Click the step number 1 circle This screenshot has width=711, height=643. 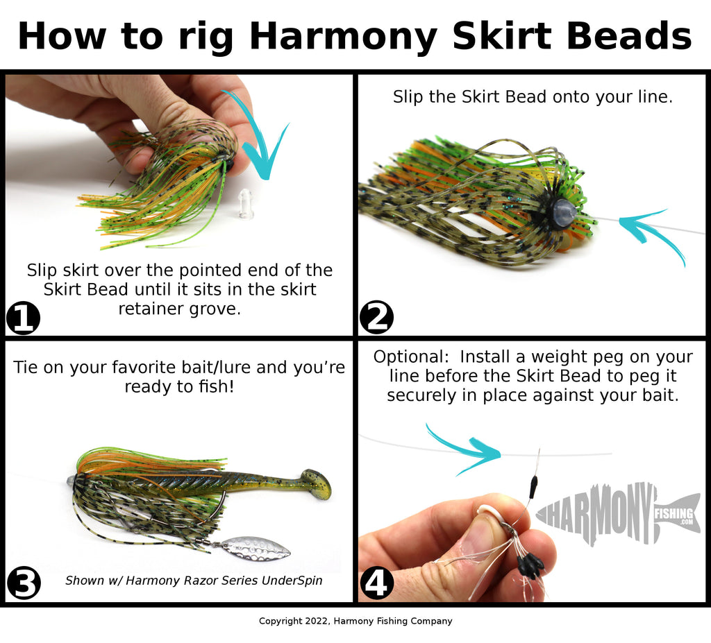[x=23, y=318]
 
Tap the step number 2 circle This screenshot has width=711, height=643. [x=376, y=317]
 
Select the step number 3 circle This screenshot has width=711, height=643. [x=24, y=583]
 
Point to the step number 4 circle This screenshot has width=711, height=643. [x=376, y=583]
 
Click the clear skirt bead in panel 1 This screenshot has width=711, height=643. [x=245, y=204]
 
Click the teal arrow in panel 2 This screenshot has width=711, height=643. [x=653, y=236]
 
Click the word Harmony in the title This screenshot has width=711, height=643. [x=343, y=36]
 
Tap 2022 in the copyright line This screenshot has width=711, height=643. [x=317, y=621]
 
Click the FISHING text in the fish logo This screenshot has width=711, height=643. [x=674, y=513]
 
